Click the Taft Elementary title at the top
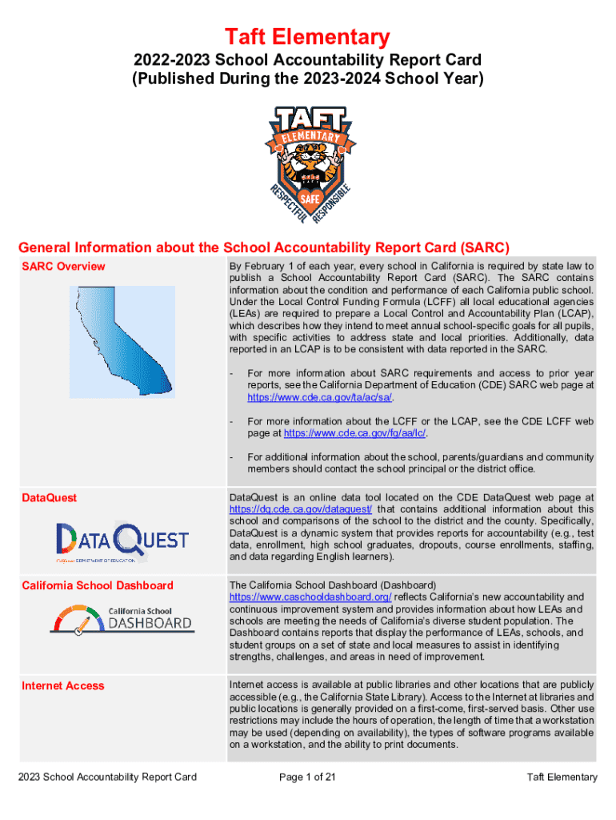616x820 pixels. click(308, 36)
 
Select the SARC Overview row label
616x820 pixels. click(63, 267)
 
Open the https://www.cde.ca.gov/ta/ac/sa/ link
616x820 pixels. click(319, 396)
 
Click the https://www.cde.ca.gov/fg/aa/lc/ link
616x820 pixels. click(356, 433)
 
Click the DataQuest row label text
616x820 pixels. click(50, 497)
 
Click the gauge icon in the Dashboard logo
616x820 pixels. click(78, 621)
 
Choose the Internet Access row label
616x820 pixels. click(63, 685)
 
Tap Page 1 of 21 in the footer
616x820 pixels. click(307, 777)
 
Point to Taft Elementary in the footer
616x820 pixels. click(562, 777)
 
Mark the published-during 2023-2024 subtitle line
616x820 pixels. click(308, 78)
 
